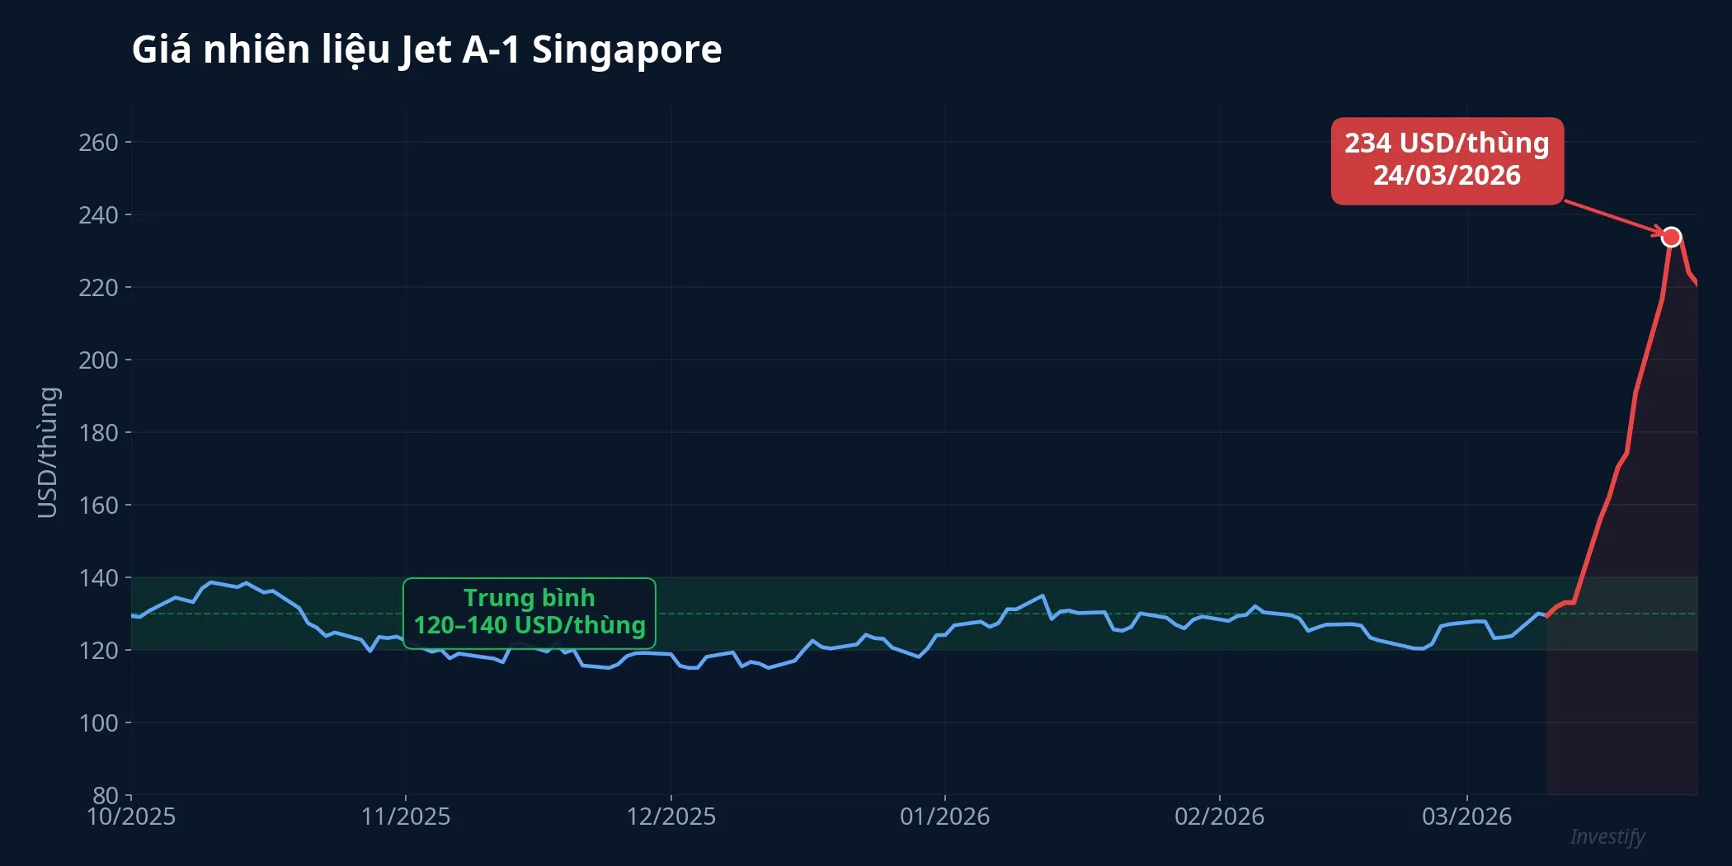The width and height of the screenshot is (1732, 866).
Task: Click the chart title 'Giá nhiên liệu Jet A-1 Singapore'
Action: [426, 49]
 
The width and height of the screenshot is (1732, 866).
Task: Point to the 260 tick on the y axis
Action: [98, 143]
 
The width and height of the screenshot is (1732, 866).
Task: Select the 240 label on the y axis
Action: [98, 215]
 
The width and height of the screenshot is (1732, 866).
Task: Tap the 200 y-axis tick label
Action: [98, 360]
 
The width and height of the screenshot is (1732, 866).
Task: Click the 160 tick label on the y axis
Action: [98, 506]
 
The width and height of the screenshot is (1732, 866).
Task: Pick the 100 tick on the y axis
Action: [98, 723]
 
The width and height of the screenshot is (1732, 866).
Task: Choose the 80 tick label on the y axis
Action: [105, 795]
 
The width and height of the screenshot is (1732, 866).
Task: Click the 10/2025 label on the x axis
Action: [131, 817]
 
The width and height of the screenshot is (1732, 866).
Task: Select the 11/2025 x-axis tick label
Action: [406, 817]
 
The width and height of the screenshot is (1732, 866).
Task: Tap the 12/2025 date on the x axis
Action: [671, 817]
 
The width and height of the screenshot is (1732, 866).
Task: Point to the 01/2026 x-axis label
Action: [945, 817]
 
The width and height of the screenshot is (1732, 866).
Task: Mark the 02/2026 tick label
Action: [1219, 817]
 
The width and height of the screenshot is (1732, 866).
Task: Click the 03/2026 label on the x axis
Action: [1466, 817]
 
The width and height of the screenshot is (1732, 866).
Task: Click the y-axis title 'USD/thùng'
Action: [48, 452]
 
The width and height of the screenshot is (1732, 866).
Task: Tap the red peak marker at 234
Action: [1671, 238]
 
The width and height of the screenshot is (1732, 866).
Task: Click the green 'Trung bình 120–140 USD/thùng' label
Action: [529, 612]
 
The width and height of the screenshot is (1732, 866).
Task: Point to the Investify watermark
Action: [1607, 836]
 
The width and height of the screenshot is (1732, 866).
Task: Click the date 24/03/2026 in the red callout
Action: [1447, 176]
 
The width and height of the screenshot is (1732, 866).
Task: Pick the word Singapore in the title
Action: [627, 49]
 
